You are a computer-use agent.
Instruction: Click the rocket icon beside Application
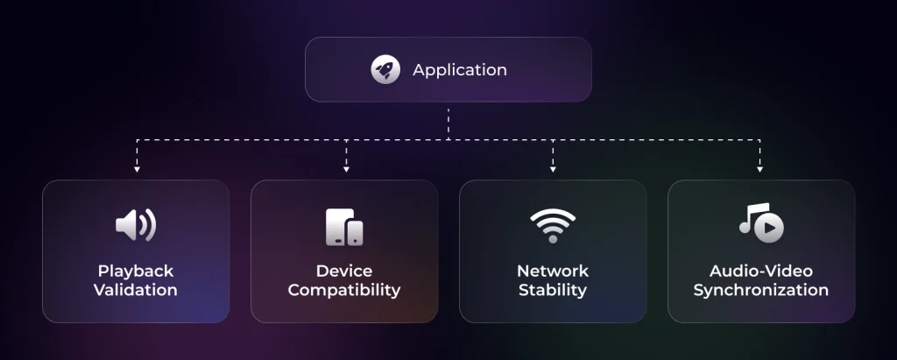385,70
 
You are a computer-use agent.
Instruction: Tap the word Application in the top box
460,70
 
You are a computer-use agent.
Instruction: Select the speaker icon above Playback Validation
136,225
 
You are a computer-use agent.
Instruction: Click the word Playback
136,271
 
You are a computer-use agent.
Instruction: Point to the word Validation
136,290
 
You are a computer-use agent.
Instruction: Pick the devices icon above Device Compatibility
344,227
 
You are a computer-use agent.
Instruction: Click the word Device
344,271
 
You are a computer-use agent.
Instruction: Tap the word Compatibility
344,290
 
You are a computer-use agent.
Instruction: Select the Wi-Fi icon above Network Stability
553,225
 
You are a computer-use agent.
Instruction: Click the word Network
553,271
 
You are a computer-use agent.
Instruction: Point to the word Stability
553,290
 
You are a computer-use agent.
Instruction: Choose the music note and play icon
761,222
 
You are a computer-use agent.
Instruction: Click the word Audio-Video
761,271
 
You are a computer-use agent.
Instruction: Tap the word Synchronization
761,290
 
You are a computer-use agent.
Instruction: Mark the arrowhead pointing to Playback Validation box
137,169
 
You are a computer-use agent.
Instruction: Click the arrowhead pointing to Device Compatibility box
346,169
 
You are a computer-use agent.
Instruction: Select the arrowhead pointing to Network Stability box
553,169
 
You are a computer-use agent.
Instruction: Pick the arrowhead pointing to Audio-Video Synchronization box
759,169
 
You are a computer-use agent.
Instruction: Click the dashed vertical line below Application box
448,124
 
